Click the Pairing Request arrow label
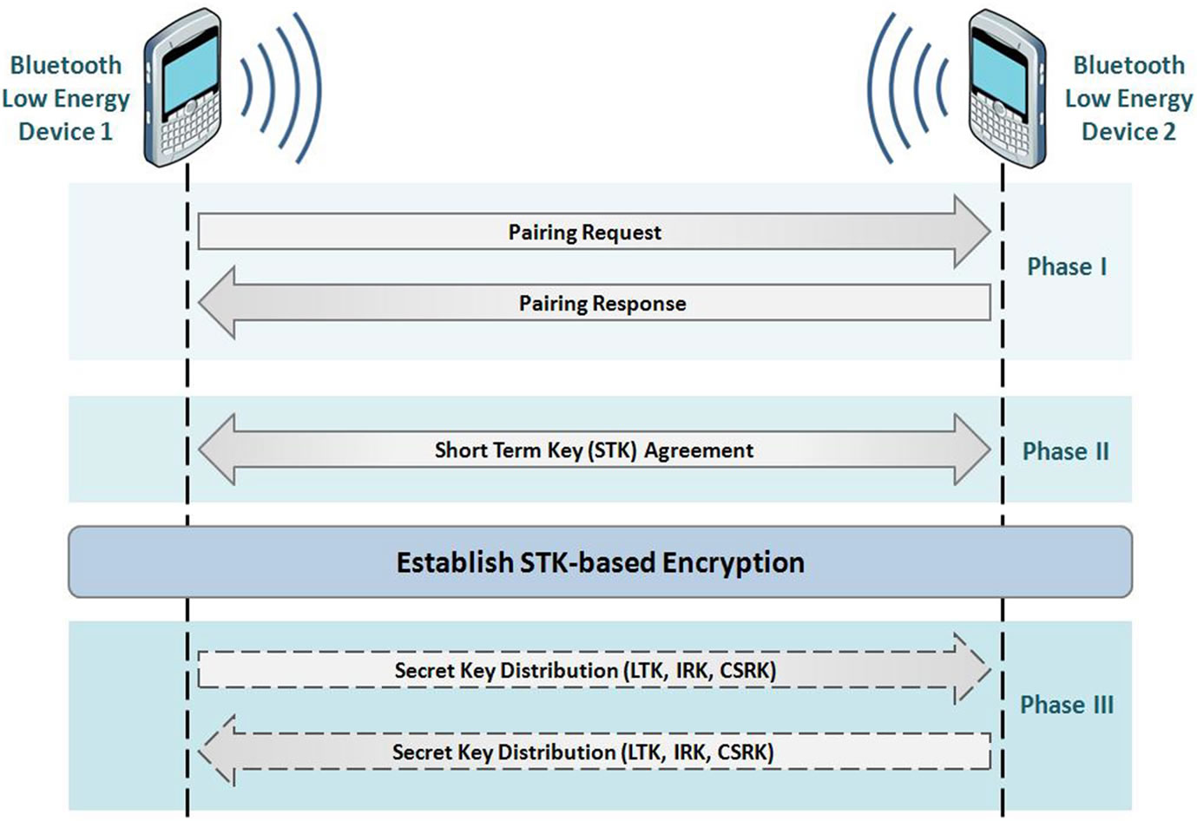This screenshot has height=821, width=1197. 584,233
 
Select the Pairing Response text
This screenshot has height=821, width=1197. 602,304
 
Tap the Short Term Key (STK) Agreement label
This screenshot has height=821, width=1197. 595,450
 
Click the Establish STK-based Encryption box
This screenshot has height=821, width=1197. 600,562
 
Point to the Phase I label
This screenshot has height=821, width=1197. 1067,266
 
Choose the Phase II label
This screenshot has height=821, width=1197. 1066,451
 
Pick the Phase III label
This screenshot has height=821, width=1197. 1067,705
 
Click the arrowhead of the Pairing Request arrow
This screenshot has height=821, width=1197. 972,232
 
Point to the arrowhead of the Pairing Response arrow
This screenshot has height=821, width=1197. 216,303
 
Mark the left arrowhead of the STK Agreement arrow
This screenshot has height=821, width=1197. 216,450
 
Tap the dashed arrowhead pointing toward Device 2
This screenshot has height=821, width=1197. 972,670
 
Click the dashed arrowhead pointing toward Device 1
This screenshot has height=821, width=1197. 216,752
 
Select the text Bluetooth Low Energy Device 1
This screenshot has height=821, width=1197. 66,98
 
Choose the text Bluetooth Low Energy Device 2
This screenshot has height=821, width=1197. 1128,98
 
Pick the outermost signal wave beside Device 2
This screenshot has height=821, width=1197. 870,89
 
